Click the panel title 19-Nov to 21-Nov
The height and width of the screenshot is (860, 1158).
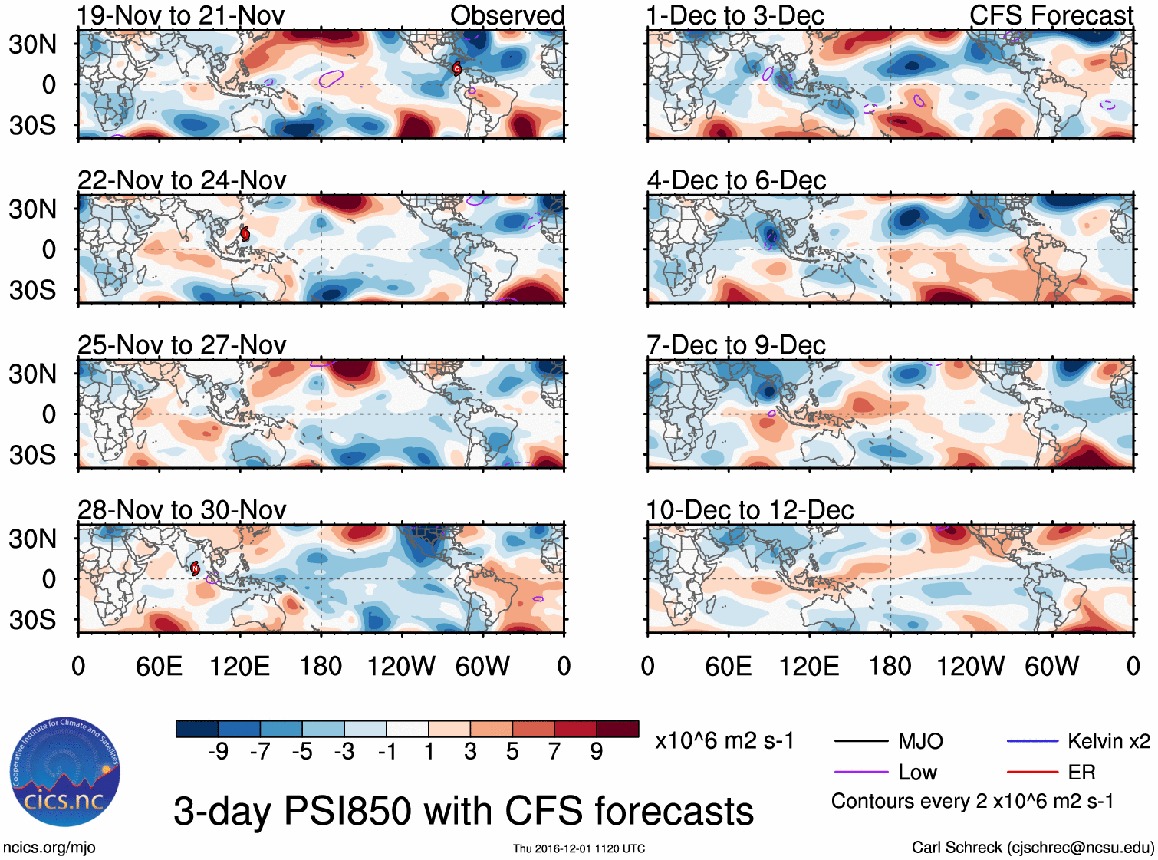click(181, 15)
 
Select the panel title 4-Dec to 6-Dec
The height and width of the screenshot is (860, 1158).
click(736, 180)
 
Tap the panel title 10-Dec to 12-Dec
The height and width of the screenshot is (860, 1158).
click(750, 510)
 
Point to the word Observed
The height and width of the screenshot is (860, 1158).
click(507, 15)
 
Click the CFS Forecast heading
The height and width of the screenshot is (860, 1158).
click(1051, 15)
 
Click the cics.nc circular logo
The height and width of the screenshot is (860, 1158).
click(65, 773)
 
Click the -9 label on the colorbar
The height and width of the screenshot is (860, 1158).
click(218, 752)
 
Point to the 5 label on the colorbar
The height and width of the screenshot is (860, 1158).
click(512, 752)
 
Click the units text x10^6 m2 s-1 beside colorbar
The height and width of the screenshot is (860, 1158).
click(724, 741)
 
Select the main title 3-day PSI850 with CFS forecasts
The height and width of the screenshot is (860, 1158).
click(463, 812)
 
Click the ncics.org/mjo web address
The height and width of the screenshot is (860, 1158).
click(49, 848)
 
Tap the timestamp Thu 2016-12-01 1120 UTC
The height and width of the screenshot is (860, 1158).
click(579, 848)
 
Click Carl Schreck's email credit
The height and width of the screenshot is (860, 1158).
click(1032, 848)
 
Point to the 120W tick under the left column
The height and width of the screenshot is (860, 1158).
click(401, 666)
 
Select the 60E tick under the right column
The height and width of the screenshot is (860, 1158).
click(728, 666)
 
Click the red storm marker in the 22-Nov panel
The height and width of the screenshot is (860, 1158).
click(245, 234)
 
